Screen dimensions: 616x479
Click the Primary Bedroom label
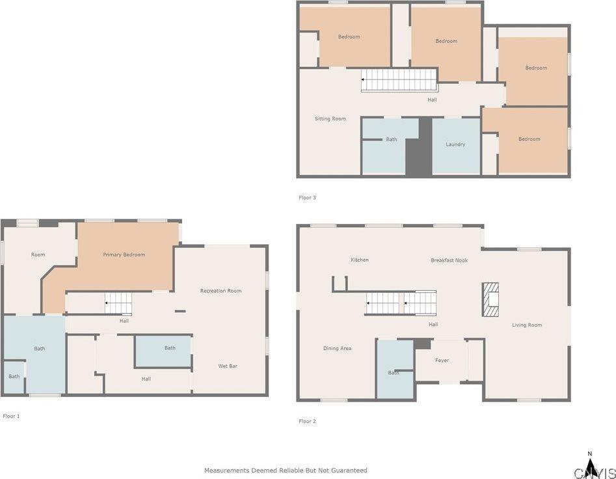coord(124,254)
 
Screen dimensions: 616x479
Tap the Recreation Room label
coord(221,291)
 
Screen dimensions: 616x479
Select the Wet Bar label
coord(228,366)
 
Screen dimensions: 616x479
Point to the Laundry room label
coord(455,144)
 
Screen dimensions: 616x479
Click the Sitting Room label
coord(330,118)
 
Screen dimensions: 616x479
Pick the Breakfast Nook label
coord(449,260)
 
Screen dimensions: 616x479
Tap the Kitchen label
coord(360,260)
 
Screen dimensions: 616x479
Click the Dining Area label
coord(337,348)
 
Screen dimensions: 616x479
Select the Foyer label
coord(442,361)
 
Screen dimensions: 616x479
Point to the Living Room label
coord(527,325)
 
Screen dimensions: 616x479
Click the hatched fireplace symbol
coord(490,299)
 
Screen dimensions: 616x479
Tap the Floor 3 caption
coord(307,198)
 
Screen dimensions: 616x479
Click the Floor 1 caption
coord(11,416)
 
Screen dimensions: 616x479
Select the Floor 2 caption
coord(307,421)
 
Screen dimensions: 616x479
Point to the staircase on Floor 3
coord(399,80)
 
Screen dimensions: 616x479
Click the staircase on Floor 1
coord(118,303)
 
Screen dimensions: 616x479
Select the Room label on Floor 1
coord(38,254)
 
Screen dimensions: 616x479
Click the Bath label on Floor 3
coord(392,139)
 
